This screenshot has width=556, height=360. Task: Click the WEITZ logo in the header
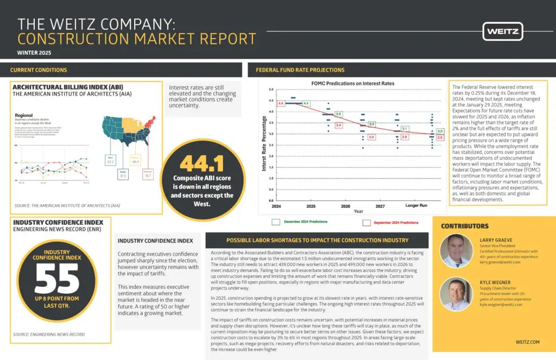[x=502, y=31]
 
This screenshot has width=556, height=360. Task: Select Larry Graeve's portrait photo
[x=456, y=251]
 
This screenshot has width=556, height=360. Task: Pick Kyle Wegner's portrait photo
[x=456, y=294]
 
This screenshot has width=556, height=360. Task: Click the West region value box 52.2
[x=111, y=160]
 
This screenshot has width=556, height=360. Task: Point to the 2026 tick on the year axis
[x=345, y=207]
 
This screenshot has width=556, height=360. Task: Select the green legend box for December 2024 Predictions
[x=276, y=222]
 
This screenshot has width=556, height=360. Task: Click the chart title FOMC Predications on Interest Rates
[x=352, y=83]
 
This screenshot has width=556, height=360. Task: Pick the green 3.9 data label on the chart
[x=338, y=114]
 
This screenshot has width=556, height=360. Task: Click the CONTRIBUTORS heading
[x=465, y=226]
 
